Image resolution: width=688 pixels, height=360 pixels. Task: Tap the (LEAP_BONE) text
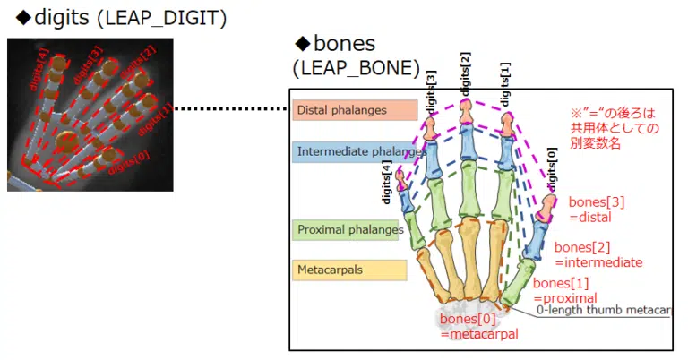[x=356, y=68]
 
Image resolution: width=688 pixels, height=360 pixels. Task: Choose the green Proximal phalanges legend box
[x=348, y=230]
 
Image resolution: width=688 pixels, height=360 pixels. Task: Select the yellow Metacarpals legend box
[x=349, y=269]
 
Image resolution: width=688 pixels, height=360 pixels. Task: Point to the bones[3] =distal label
[x=595, y=209]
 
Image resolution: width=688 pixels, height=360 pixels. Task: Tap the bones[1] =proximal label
[x=565, y=290]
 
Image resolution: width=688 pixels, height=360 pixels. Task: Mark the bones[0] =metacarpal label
[x=480, y=326]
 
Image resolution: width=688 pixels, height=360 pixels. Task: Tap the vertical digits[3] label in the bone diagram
[x=431, y=90]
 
